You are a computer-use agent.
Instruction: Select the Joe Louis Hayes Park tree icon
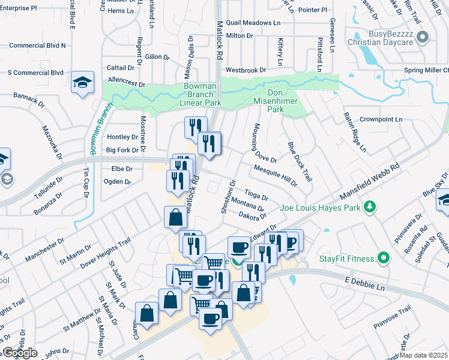point(371,207)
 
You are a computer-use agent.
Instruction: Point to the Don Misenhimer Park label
point(285,98)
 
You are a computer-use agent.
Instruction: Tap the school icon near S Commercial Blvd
point(82,82)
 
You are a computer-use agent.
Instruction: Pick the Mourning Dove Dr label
point(264,143)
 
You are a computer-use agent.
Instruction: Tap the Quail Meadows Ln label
point(253,23)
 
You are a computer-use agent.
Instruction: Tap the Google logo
point(20,353)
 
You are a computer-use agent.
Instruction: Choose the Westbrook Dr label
point(246,70)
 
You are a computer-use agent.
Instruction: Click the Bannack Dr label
point(29,99)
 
